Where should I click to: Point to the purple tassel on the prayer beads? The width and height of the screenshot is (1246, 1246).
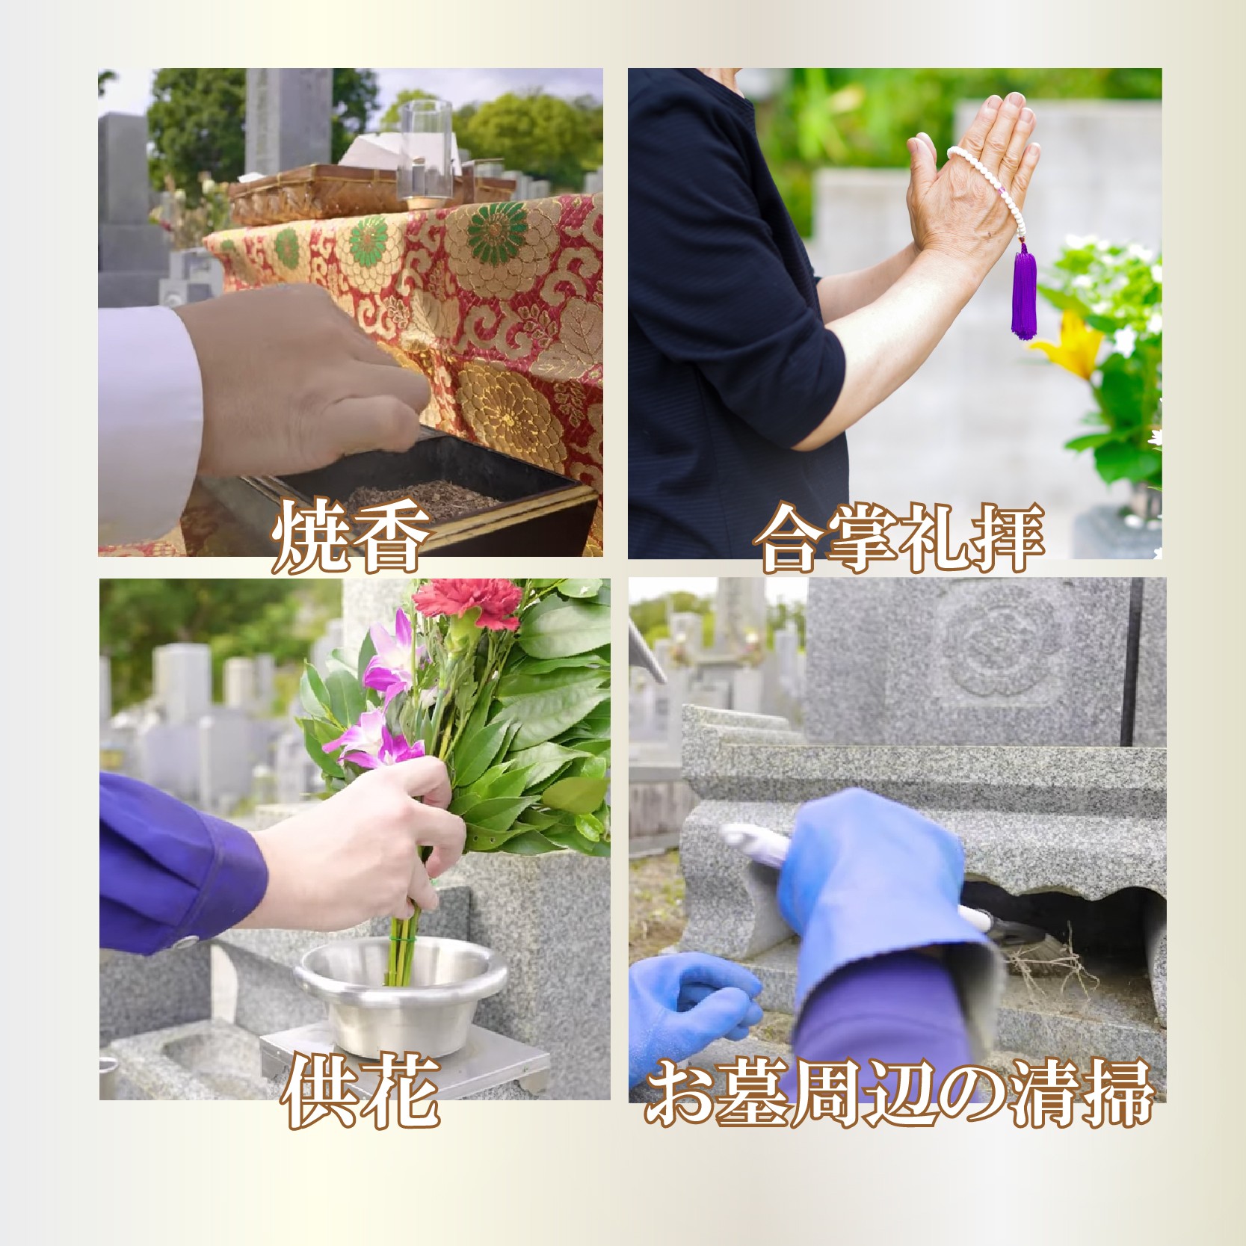(x=1024, y=292)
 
